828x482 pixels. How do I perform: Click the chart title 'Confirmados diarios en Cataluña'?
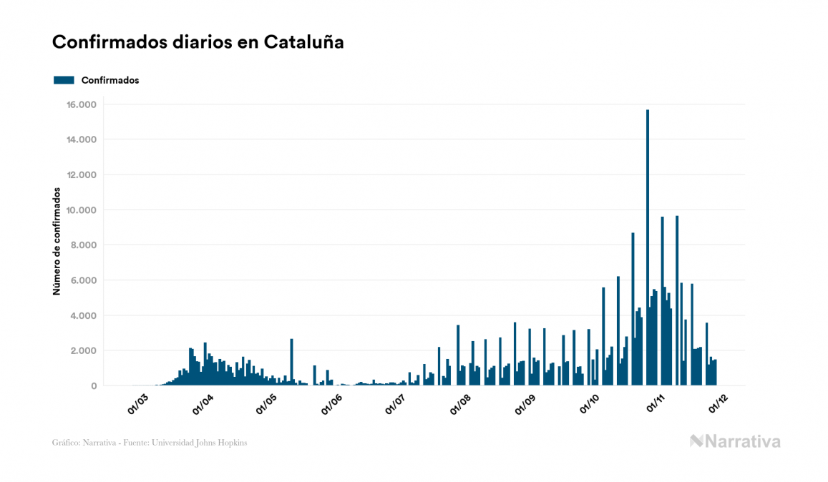click(x=198, y=42)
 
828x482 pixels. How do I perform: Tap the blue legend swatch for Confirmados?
click(x=64, y=80)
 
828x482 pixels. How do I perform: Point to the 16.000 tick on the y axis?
click(x=82, y=105)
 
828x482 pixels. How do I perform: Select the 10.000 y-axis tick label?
click(x=82, y=210)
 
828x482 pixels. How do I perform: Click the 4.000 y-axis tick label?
click(x=84, y=315)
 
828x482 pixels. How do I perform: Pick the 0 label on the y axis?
click(x=93, y=386)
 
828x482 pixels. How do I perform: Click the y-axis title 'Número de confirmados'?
click(x=56, y=242)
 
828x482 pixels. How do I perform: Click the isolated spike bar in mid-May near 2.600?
click(x=291, y=362)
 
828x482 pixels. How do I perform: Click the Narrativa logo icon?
click(x=697, y=441)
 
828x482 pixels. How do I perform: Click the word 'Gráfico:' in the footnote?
click(x=65, y=443)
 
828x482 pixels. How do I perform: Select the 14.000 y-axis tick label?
click(x=82, y=140)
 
